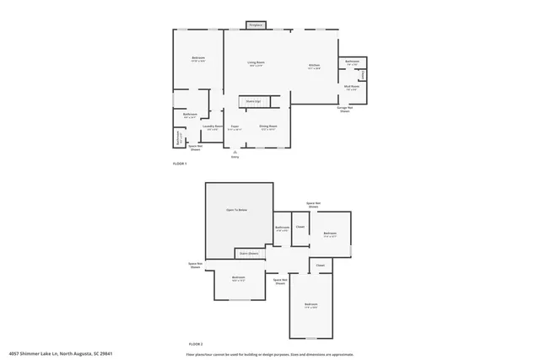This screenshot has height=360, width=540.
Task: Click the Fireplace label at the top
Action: [256, 25]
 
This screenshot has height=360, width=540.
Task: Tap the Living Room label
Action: [256, 63]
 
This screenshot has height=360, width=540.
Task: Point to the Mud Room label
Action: [352, 87]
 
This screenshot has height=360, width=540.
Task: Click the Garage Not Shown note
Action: [344, 109]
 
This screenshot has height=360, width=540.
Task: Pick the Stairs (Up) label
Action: [252, 101]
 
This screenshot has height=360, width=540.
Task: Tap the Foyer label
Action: [235, 127]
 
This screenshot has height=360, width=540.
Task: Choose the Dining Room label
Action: [269, 127]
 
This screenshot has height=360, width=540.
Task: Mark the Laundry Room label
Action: [213, 127]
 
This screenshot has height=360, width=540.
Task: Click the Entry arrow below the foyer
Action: [235, 153]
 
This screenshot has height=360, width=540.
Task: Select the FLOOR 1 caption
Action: [180, 163]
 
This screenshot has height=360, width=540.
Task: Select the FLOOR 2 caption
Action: [196, 344]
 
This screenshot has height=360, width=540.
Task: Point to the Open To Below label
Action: [236, 210]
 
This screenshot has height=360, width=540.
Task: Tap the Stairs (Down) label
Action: [248, 252]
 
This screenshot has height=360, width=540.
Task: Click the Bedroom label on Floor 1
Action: [198, 58]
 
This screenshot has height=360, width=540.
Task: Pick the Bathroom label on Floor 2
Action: [283, 228]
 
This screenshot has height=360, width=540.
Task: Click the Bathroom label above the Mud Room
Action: [352, 62]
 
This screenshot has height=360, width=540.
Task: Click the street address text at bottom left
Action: [61, 353]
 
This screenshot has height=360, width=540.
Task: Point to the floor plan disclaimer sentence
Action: [270, 353]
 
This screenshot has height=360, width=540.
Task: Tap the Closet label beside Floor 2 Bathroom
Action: [300, 227]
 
